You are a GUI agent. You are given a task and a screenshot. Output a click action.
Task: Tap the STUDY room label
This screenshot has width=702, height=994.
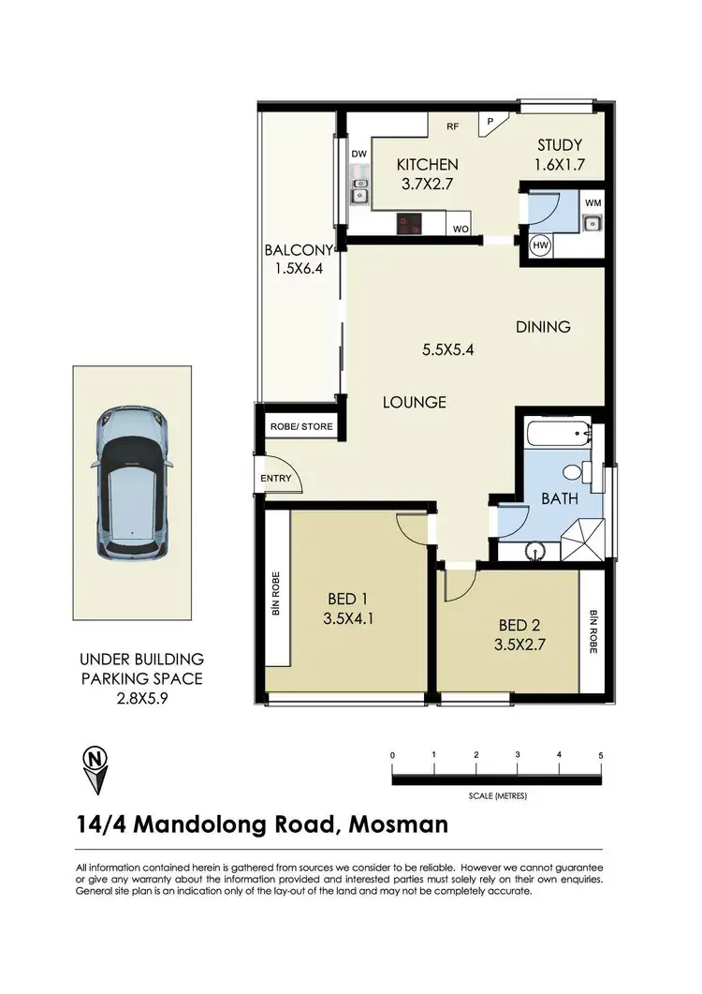[559, 145]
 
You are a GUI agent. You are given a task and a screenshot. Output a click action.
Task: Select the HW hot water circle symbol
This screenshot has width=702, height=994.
[540, 245]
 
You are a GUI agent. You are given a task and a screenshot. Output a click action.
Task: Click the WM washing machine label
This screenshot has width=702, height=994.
[592, 202]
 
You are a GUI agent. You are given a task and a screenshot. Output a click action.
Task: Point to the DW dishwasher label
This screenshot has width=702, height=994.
[358, 154]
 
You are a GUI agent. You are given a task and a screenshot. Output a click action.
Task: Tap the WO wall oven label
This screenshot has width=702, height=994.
[460, 228]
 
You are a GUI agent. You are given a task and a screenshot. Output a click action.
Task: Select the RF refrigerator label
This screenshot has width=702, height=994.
[452, 126]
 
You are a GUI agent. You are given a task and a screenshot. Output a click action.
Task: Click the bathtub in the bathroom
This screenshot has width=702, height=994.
[559, 435]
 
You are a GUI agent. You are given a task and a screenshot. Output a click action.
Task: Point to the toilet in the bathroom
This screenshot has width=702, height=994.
[582, 471]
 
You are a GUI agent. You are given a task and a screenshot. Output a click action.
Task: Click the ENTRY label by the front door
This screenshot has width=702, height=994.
[277, 479]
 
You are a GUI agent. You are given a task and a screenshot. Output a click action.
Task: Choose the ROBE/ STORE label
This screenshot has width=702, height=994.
[301, 426]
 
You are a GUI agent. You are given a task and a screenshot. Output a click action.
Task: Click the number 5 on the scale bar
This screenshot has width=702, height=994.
[600, 755]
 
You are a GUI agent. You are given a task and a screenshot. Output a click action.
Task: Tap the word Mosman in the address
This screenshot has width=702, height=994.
[397, 825]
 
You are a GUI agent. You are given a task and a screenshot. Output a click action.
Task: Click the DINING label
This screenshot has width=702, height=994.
[543, 327]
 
